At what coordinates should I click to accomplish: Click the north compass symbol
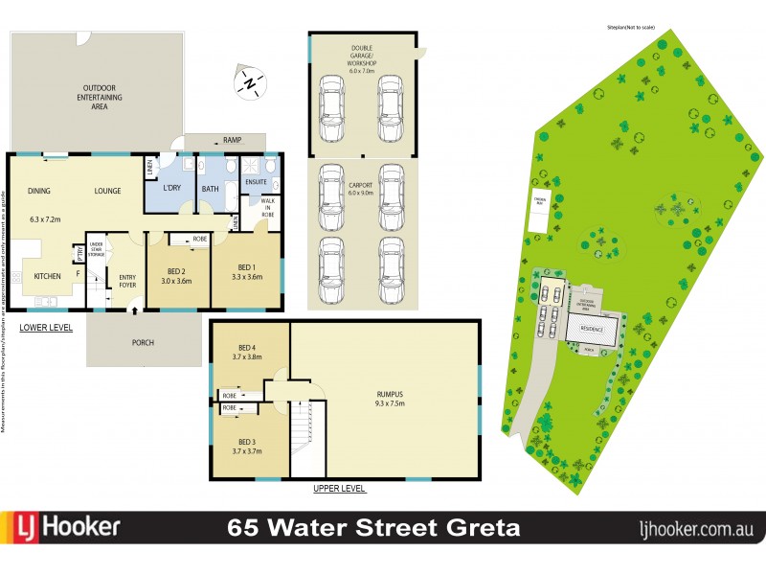tap(251, 84)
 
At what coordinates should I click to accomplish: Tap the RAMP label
tap(232, 140)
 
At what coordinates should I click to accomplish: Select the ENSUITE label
tap(256, 180)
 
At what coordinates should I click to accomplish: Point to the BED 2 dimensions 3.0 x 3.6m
tap(176, 281)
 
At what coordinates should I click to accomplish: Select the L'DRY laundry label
tap(173, 187)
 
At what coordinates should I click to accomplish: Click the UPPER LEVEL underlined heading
tap(339, 489)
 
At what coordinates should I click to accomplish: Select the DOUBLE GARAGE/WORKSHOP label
tap(363, 57)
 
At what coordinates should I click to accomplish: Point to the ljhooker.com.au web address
tap(695, 528)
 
